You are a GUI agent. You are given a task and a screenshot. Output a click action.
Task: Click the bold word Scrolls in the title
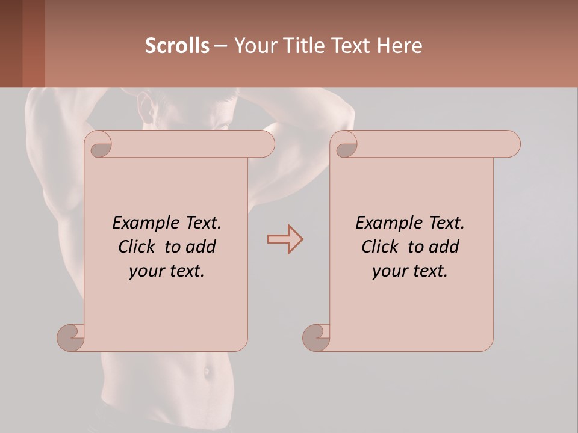pos(177,46)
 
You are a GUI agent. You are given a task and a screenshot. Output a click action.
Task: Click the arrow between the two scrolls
pos(285,239)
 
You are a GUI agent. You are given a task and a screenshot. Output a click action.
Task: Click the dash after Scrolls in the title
pos(221,46)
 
